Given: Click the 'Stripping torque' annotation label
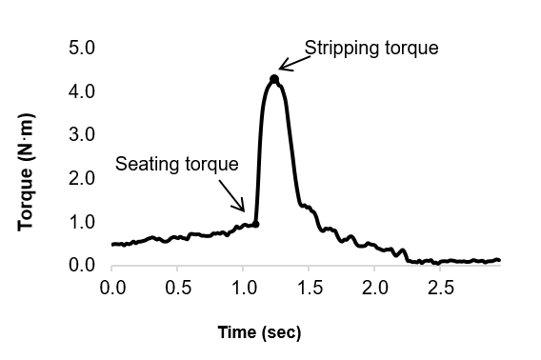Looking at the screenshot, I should [371, 48].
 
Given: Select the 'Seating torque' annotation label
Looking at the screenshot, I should [176, 164].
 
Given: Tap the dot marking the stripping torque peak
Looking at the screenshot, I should [274, 79].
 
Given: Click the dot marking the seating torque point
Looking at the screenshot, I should [256, 224].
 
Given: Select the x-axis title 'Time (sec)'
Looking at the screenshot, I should [260, 332].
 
